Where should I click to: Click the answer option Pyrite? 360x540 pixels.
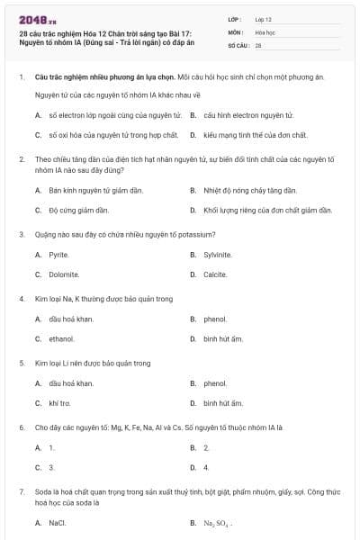[x=58, y=255]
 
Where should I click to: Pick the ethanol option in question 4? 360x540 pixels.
[x=61, y=338]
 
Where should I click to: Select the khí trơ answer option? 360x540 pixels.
[x=59, y=403]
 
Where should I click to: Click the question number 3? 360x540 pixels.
[x=21, y=234]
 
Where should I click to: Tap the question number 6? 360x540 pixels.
[x=21, y=427]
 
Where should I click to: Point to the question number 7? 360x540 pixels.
[x=21, y=492]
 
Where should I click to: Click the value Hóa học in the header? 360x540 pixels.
[x=265, y=31]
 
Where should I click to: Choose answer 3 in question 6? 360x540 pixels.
[x=51, y=467]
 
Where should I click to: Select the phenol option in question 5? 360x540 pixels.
[x=215, y=383]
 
